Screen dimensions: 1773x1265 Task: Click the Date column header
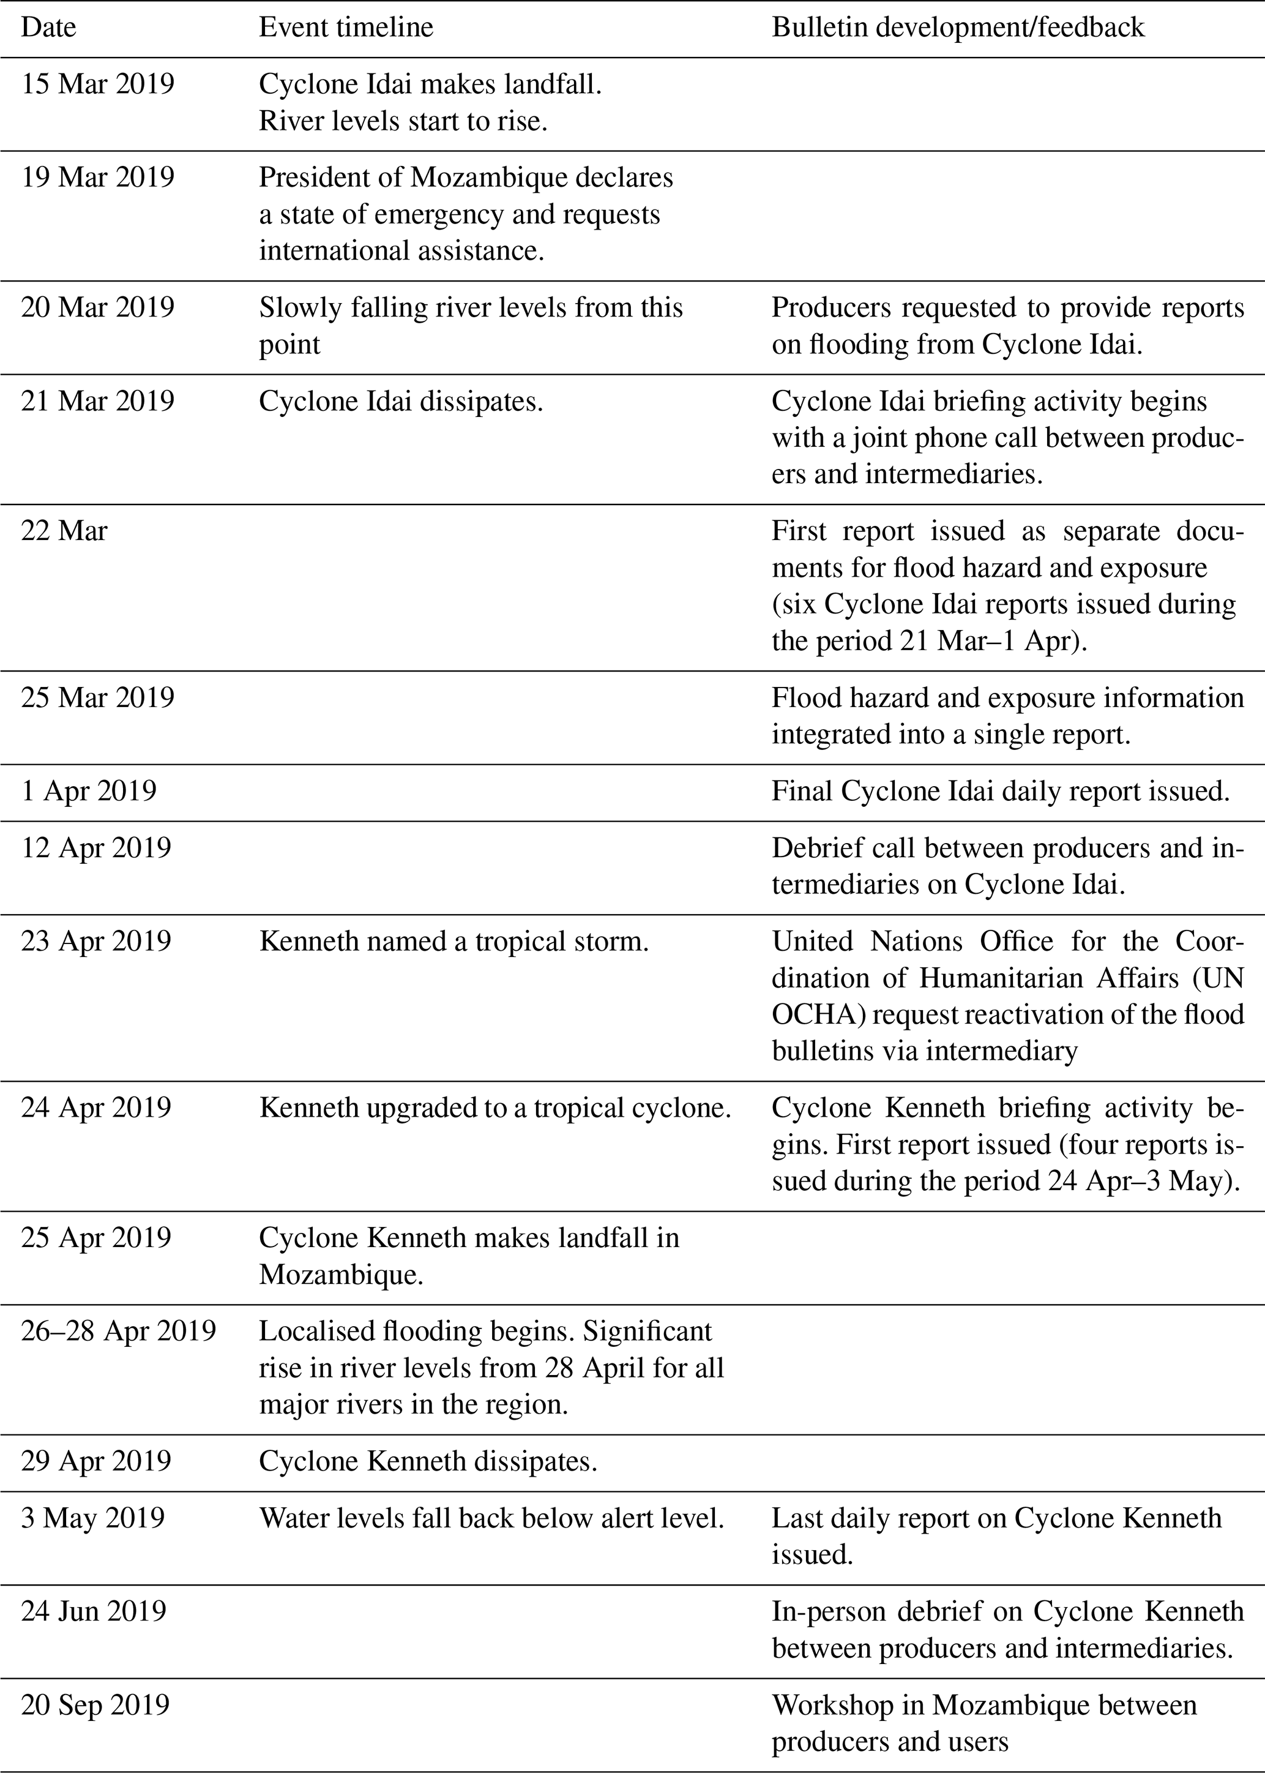coord(48,28)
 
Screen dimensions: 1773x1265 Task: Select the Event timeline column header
coord(346,28)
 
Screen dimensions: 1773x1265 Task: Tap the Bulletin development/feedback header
coord(958,28)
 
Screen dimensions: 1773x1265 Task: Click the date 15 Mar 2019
coord(97,84)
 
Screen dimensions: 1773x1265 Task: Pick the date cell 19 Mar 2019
coord(97,178)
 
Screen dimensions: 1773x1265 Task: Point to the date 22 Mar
coord(64,531)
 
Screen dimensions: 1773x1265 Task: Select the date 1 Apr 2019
coord(89,790)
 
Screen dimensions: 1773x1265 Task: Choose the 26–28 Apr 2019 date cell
coord(118,1330)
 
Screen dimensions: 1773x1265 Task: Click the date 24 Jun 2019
coord(94,1611)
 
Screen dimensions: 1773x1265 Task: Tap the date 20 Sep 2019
coord(95,1705)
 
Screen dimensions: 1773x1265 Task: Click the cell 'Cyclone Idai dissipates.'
coord(401,401)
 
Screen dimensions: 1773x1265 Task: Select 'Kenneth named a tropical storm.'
coord(453,941)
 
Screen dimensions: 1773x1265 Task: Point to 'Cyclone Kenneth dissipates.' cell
coord(428,1461)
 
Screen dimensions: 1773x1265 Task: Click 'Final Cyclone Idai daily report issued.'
coord(1000,790)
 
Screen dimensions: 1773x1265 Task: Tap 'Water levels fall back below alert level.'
coord(491,1518)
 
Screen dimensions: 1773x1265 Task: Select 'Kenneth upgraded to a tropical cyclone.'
coord(494,1108)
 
